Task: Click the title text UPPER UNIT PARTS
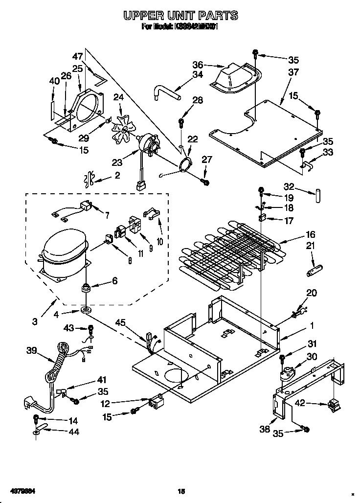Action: pyautogui.click(x=180, y=16)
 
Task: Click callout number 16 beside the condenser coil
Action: pyautogui.click(x=311, y=234)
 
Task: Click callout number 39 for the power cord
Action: pyautogui.click(x=32, y=350)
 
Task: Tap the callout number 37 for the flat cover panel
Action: pyautogui.click(x=293, y=72)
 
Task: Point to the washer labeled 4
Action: pyautogui.click(x=86, y=310)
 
